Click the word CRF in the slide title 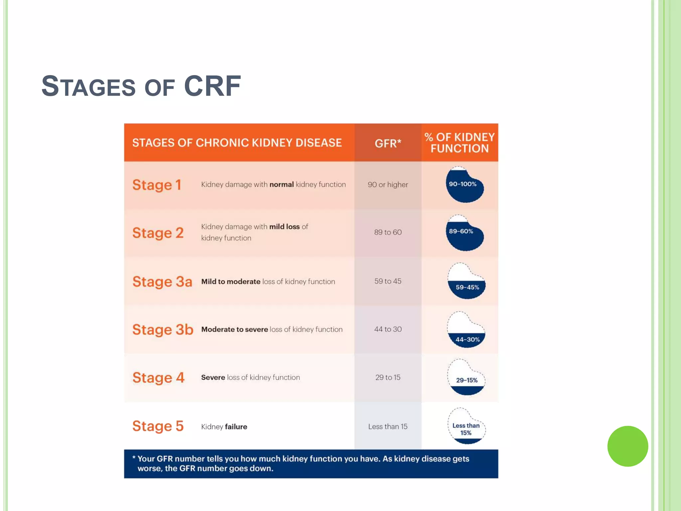pyautogui.click(x=212, y=86)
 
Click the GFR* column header pyautogui.click(x=388, y=143)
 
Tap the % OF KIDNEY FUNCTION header pyautogui.click(x=460, y=143)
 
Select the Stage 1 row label pyautogui.click(x=157, y=185)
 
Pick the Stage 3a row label pyautogui.click(x=162, y=282)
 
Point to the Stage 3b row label pyautogui.click(x=163, y=330)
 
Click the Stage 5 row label pyautogui.click(x=158, y=426)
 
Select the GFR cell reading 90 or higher pyautogui.click(x=388, y=185)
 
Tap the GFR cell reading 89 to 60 pyautogui.click(x=388, y=232)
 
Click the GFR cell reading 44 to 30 pyautogui.click(x=388, y=329)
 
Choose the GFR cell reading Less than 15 pyautogui.click(x=388, y=426)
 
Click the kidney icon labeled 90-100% pyautogui.click(x=464, y=185)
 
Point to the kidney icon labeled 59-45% pyautogui.click(x=466, y=281)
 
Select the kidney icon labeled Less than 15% pyautogui.click(x=466, y=427)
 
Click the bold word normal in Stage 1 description pyautogui.click(x=281, y=185)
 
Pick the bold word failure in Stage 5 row pyautogui.click(x=236, y=427)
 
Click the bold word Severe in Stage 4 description pyautogui.click(x=213, y=378)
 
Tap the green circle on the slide pyautogui.click(x=627, y=446)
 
